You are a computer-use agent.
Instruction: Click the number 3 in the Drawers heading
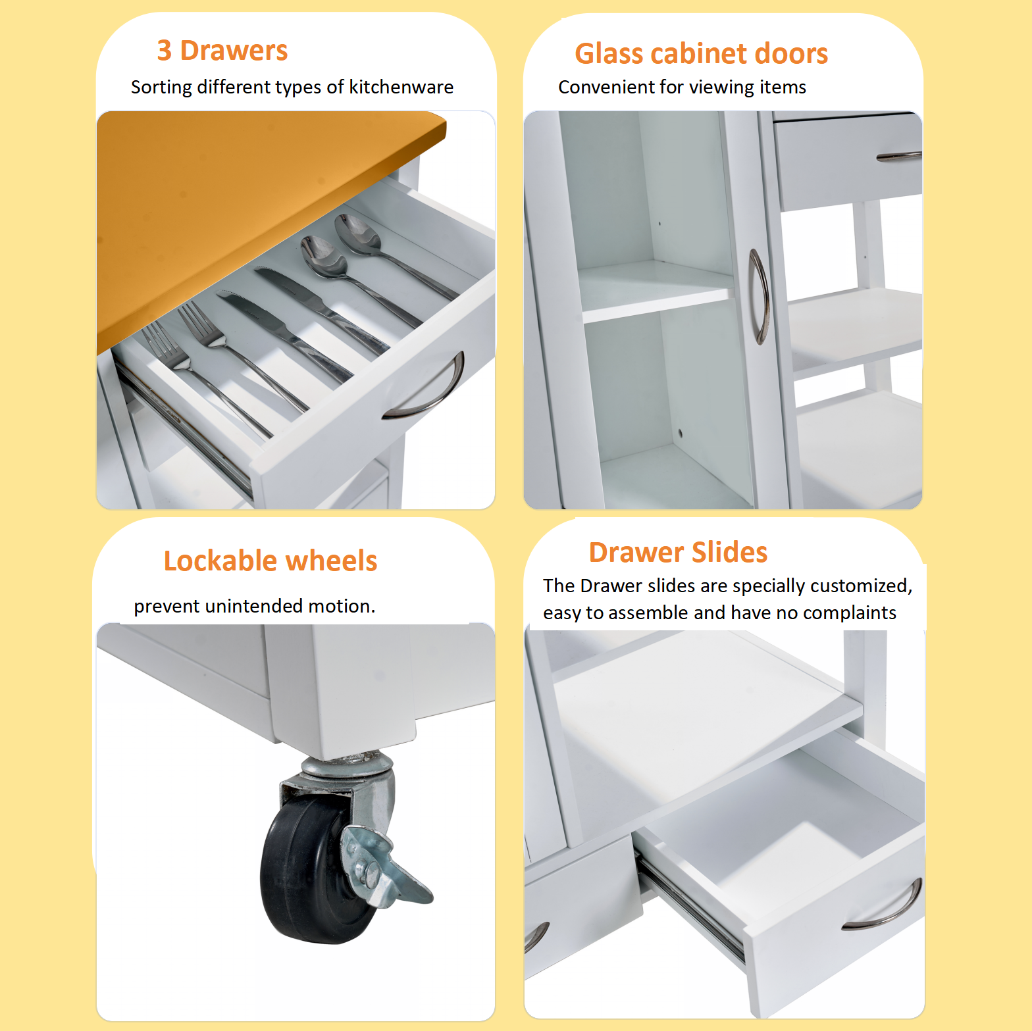tap(165, 51)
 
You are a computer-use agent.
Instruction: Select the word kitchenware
tap(401, 87)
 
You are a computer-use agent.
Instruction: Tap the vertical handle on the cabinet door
tap(759, 296)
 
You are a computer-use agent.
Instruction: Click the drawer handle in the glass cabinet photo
tap(898, 157)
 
